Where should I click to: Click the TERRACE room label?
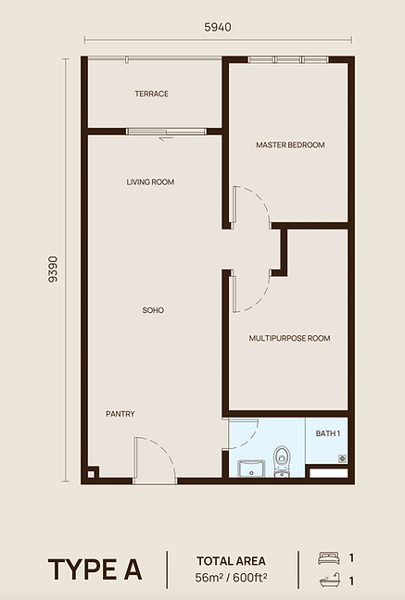[151, 94]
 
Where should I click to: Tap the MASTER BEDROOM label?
[290, 145]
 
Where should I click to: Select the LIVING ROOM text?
[150, 182]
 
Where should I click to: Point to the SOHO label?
[153, 310]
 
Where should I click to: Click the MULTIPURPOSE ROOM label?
[289, 338]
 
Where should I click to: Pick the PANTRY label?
[120, 414]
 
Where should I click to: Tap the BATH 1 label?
[328, 433]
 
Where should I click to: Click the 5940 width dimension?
[218, 27]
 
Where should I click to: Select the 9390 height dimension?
[53, 269]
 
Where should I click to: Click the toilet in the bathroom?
[282, 461]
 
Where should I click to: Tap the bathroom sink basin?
[251, 469]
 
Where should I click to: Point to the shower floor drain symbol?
[342, 458]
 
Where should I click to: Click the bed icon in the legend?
[329, 558]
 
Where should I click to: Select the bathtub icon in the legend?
[330, 581]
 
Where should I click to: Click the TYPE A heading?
[95, 569]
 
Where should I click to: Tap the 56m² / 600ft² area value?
[231, 578]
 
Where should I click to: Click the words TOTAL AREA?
[231, 561]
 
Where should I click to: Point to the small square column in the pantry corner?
[91, 474]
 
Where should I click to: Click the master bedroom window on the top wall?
[288, 59]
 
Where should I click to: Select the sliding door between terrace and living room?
[166, 131]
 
